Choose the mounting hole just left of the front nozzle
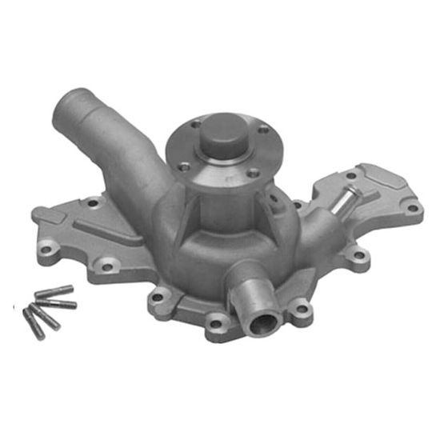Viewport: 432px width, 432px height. coord(215,323)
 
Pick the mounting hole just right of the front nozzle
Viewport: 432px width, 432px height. coord(300,306)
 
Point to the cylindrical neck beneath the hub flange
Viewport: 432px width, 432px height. coord(218,200)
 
